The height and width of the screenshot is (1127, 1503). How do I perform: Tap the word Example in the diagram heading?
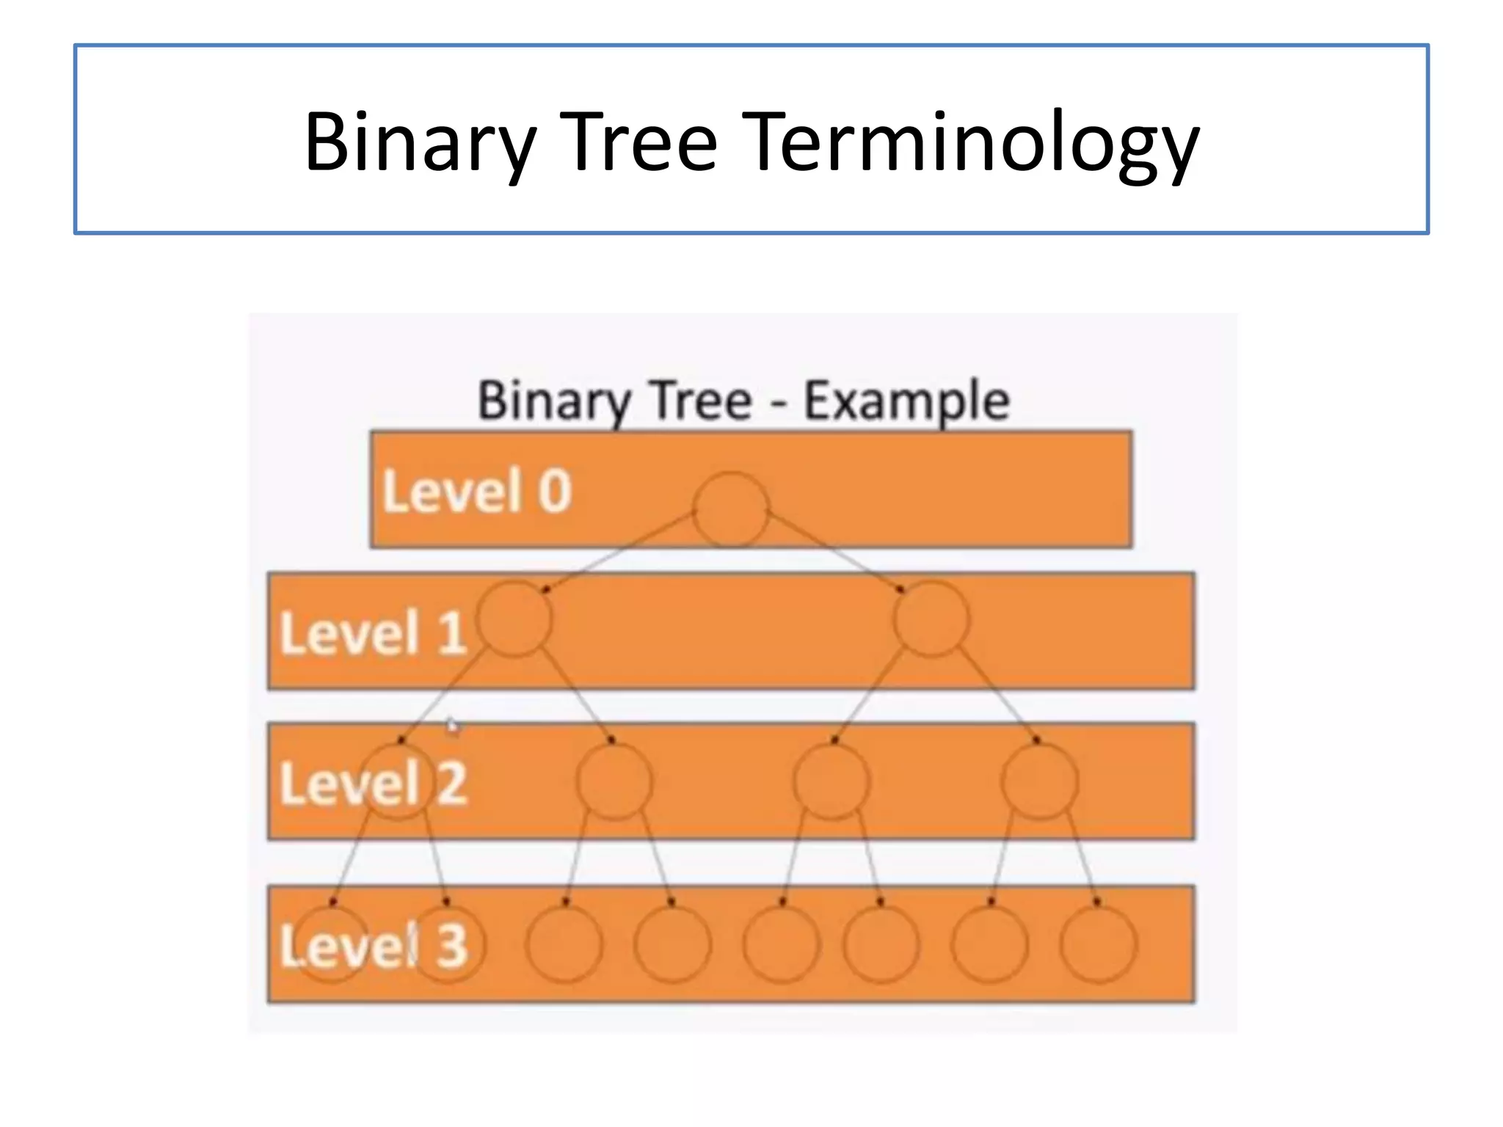coord(907,401)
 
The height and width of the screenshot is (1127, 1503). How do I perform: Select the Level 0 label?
coord(477,491)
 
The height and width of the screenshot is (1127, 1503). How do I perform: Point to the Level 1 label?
coord(373,632)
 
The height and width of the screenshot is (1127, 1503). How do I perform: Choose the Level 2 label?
coord(373,784)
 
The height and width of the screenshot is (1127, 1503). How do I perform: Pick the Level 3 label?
coord(373,946)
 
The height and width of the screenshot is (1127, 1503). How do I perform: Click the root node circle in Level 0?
coord(731,509)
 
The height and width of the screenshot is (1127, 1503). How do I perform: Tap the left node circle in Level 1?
coord(514,619)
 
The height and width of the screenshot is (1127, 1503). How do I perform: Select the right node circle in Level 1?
coord(931,619)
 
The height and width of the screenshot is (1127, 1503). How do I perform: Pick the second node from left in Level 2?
coord(614,782)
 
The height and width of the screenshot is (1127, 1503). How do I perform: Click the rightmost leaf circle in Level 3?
coord(1098,944)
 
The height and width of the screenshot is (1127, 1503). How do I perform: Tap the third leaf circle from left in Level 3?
coord(564,944)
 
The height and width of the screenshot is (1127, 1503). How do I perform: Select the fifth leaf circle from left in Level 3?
coord(781,944)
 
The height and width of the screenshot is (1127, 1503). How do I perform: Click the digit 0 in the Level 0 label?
coord(555,491)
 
